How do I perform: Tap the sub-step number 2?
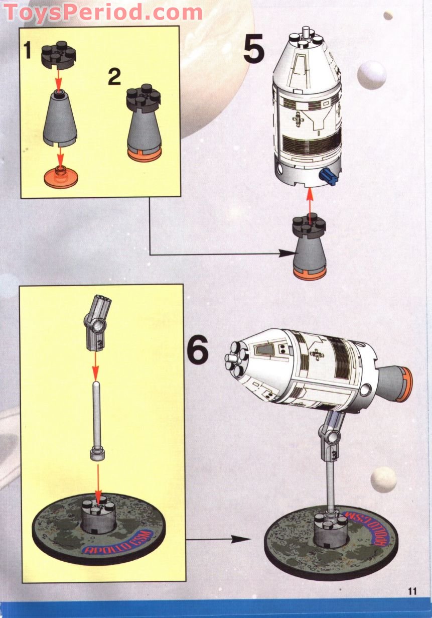[114, 77]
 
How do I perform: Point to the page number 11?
[412, 591]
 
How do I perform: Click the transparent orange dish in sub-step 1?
[61, 179]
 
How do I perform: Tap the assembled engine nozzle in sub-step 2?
[143, 126]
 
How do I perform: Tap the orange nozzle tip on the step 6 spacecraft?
[405, 384]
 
